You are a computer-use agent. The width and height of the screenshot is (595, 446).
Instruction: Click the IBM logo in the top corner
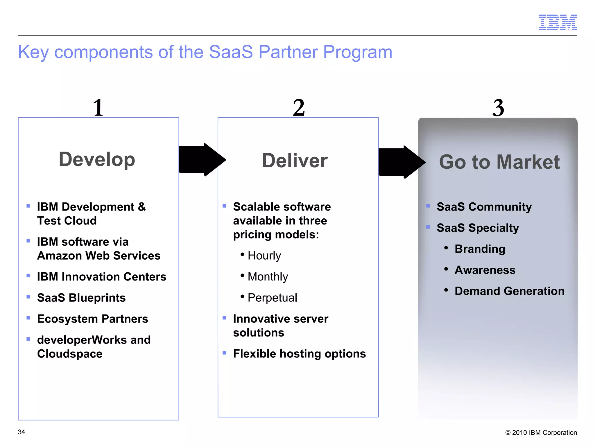(x=558, y=22)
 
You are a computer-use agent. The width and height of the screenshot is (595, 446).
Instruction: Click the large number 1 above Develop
(x=98, y=108)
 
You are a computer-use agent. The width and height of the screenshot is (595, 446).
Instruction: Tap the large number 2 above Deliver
(x=299, y=108)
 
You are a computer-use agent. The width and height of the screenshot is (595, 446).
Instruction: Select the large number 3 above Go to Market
(x=498, y=108)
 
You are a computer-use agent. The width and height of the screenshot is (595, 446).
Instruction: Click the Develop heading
(x=97, y=159)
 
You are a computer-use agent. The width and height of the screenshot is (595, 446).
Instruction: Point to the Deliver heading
(x=295, y=161)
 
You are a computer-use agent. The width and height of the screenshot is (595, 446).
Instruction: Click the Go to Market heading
(x=499, y=162)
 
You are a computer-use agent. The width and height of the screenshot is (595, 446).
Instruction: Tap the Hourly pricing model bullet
(x=264, y=256)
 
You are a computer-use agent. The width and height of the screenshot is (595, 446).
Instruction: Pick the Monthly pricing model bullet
(x=268, y=277)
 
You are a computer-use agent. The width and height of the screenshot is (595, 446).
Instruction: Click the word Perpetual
(x=272, y=298)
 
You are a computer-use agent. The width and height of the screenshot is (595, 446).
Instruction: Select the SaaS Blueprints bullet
(x=81, y=298)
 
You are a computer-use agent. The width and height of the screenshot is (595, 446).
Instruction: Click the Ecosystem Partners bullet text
(x=92, y=319)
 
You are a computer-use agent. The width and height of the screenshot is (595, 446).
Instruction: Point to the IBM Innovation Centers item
(x=101, y=277)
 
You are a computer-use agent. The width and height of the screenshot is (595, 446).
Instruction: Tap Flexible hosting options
(x=299, y=354)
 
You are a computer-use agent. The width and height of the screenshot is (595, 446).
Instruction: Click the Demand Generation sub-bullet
(x=509, y=291)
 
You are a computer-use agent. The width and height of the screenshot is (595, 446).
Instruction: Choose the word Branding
(x=480, y=249)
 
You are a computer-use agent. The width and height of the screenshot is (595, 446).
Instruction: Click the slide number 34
(x=21, y=432)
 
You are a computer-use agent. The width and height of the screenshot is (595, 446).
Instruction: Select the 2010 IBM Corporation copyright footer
(x=541, y=433)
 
